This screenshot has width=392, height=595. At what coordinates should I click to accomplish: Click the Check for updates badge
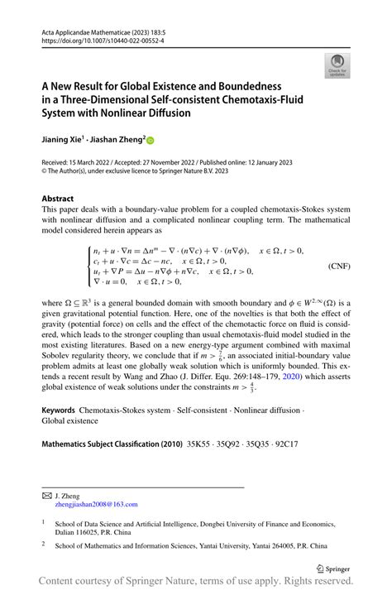point(337,65)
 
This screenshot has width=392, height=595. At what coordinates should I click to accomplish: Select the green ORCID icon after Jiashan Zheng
point(151,141)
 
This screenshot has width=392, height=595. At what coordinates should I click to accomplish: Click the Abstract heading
point(58,199)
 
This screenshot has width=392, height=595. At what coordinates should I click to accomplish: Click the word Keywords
point(58,433)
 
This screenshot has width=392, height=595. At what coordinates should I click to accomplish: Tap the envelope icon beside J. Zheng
point(47,494)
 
